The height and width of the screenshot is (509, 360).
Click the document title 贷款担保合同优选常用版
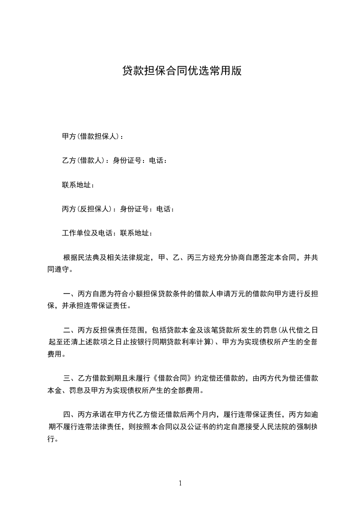tap(182, 71)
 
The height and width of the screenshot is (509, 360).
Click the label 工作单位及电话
tap(89, 234)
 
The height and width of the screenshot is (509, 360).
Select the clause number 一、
tap(70, 294)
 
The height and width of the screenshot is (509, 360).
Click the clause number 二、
tap(70, 330)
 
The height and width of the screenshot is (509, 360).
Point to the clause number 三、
tap(70, 378)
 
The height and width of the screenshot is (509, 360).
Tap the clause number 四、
tap(70, 415)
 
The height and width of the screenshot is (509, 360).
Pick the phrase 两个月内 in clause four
tap(204, 415)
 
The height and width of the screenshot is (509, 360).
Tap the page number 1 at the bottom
tap(180, 483)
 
